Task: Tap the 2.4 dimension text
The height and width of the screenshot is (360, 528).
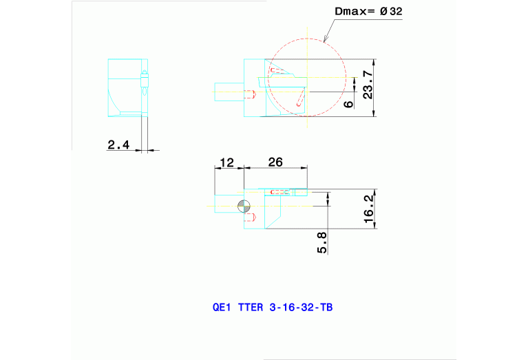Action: (118, 145)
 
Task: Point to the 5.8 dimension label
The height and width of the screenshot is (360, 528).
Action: (321, 243)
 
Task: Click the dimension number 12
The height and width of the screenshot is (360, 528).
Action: (226, 162)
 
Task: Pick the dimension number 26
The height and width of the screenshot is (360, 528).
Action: (275, 162)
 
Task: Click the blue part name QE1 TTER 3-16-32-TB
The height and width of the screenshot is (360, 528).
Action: (273, 308)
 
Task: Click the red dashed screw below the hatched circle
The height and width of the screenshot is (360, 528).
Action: (250, 218)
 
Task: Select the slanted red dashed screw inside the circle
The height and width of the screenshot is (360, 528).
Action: (300, 99)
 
